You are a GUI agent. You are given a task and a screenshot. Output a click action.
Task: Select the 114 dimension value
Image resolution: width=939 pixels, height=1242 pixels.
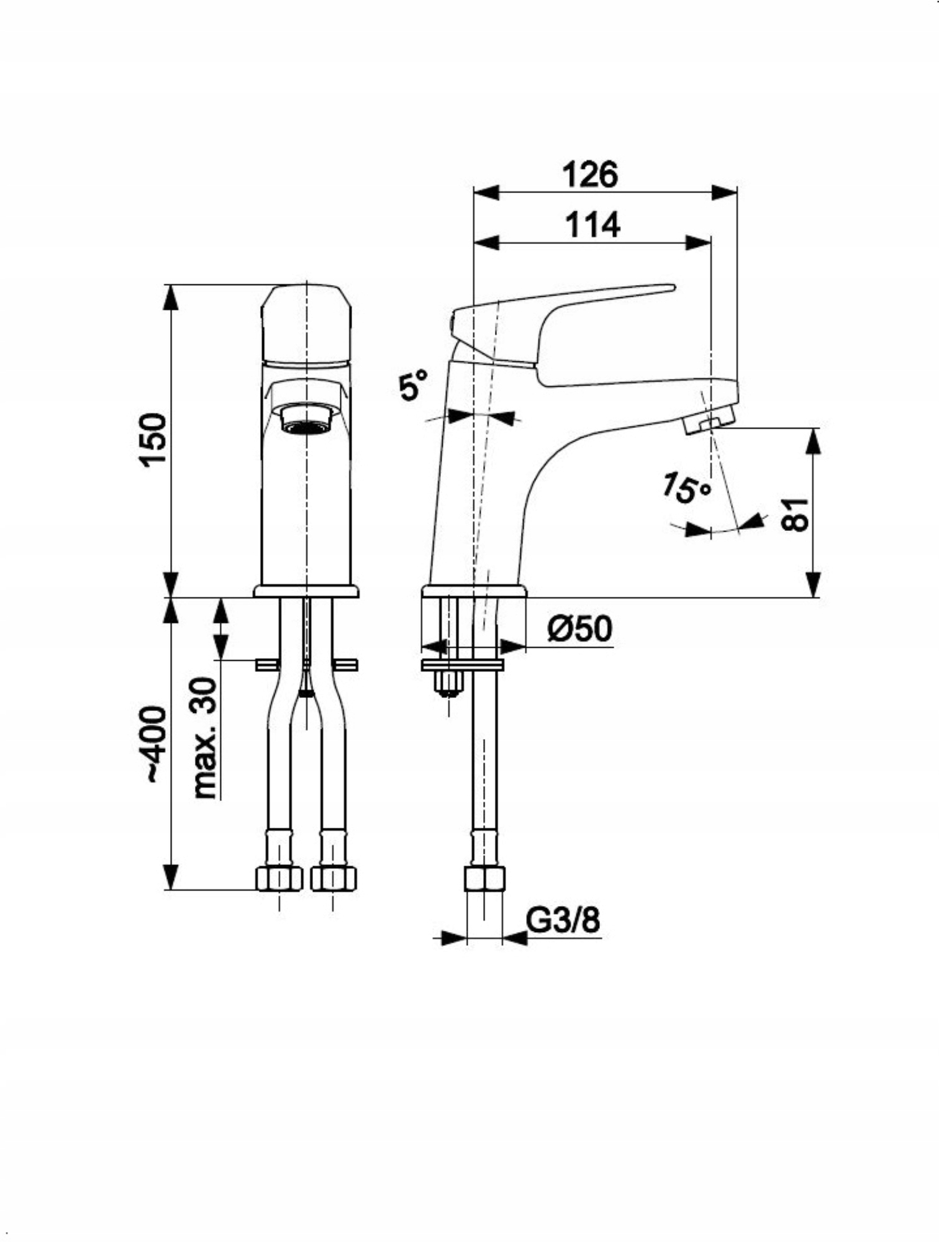[592, 225]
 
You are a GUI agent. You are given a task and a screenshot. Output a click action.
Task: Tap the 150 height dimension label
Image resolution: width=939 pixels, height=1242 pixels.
[153, 440]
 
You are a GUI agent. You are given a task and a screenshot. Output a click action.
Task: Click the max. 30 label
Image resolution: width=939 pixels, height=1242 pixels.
[206, 738]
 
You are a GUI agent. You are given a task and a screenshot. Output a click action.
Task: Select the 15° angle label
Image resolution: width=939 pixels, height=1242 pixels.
[685, 488]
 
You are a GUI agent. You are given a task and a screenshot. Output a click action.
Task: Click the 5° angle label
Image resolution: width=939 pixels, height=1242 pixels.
[414, 385]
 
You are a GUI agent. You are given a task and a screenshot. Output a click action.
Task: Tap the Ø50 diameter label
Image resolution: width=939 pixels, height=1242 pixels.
[579, 628]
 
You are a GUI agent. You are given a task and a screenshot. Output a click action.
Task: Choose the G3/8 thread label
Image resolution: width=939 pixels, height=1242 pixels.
[563, 920]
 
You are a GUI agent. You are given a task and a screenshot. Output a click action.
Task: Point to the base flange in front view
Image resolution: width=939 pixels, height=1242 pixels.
[306, 591]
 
